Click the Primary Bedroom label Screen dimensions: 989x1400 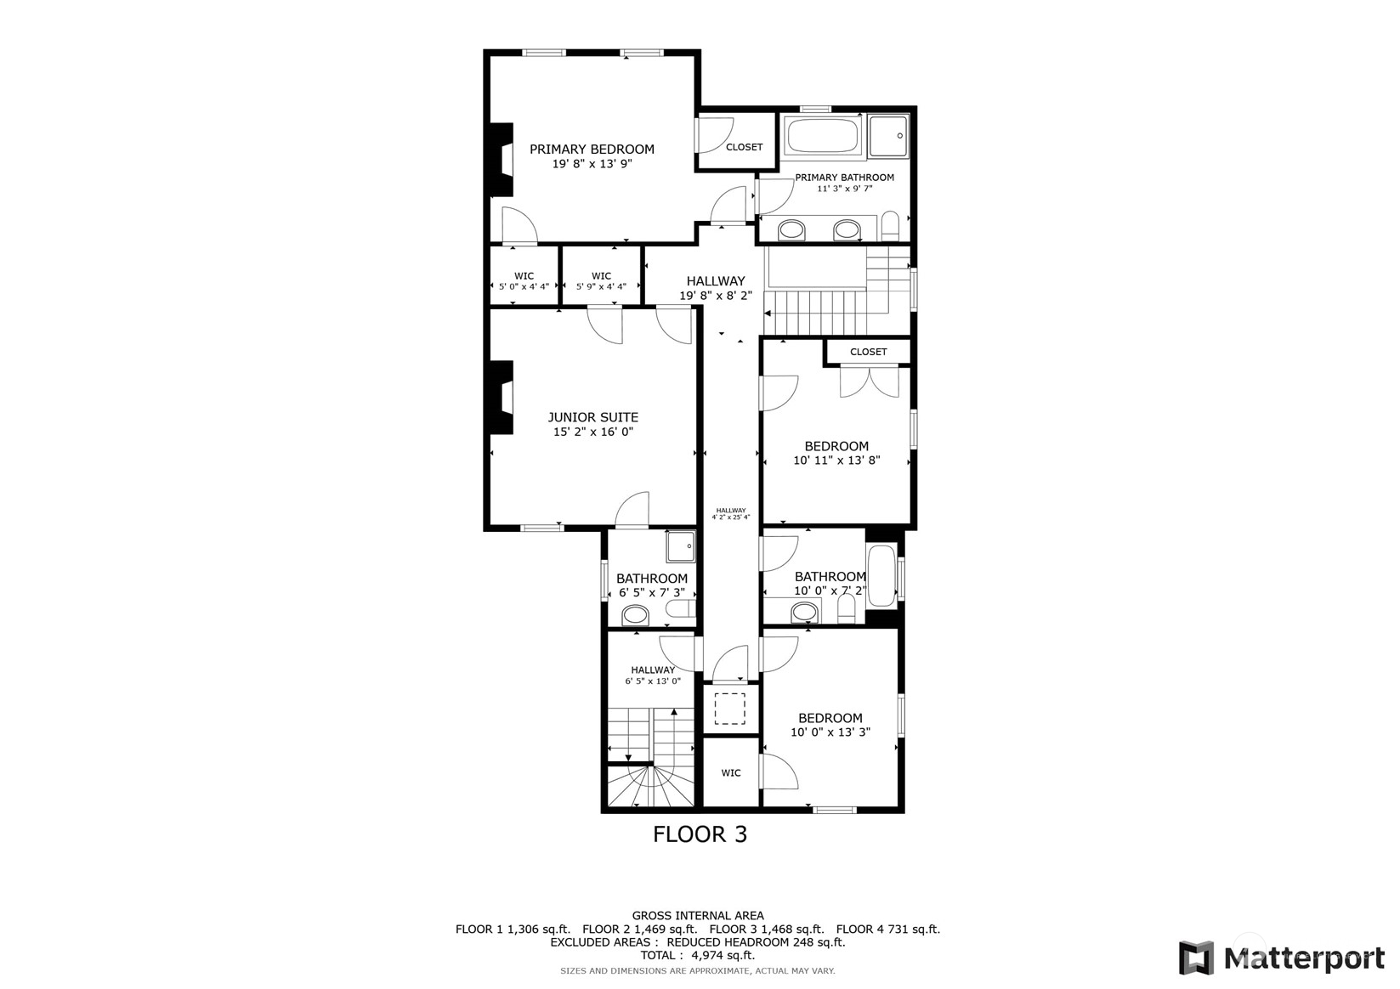pyautogui.click(x=592, y=150)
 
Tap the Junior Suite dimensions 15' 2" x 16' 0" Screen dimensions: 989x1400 pyautogui.click(x=593, y=432)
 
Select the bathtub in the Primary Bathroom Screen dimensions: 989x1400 pyautogui.click(x=822, y=136)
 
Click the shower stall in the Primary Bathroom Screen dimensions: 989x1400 pyautogui.click(x=889, y=136)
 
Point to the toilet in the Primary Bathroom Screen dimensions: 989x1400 pyautogui.click(x=889, y=226)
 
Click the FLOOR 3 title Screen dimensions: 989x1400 pyautogui.click(x=700, y=834)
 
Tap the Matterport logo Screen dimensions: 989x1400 pyautogui.click(x=1281, y=958)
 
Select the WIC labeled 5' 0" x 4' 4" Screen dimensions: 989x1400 pyautogui.click(x=524, y=281)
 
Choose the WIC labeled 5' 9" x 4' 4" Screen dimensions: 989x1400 pyautogui.click(x=601, y=281)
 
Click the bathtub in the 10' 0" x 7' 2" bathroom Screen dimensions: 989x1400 pyautogui.click(x=881, y=576)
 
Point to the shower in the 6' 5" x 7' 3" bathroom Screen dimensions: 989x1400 pyautogui.click(x=680, y=546)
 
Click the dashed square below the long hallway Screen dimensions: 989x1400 pyautogui.click(x=729, y=709)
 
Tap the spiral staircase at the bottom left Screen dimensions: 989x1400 pyautogui.click(x=651, y=787)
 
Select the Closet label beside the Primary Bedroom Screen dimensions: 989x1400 pyautogui.click(x=744, y=147)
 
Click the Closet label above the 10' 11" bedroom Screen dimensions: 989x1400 pyautogui.click(x=868, y=352)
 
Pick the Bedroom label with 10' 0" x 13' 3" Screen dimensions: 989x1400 pyautogui.click(x=830, y=718)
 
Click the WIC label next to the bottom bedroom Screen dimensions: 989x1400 pyautogui.click(x=730, y=773)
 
